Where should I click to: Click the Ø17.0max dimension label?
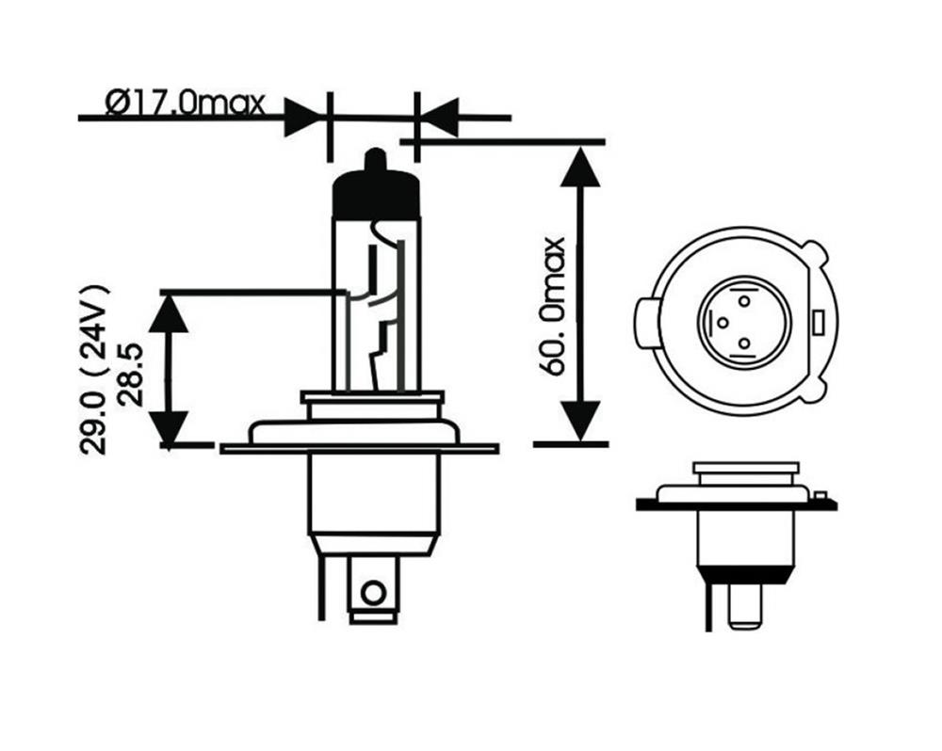185,104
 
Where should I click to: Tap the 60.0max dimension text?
552,306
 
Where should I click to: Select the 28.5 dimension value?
132,375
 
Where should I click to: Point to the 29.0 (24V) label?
93,370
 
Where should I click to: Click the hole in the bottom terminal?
374,593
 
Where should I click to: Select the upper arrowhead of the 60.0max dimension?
579,167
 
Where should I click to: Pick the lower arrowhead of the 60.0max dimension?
579,422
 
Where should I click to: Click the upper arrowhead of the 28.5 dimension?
169,312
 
